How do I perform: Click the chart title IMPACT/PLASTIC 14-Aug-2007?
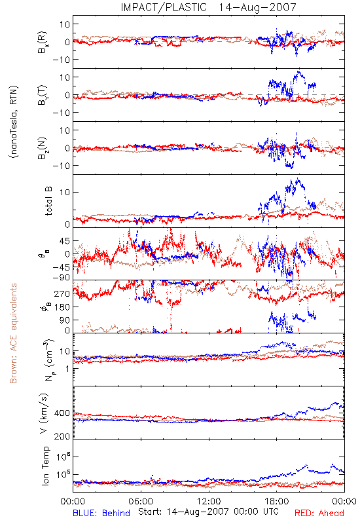(x=209, y=7)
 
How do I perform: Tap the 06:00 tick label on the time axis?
(x=141, y=502)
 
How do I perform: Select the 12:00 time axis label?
(x=209, y=502)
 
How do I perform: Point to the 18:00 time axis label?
(x=277, y=502)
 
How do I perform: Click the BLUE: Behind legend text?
(x=101, y=514)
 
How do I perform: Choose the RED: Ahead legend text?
(x=319, y=514)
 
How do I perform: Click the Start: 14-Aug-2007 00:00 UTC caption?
(x=208, y=512)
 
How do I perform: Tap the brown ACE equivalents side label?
(x=13, y=333)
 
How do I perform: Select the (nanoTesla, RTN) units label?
(x=14, y=121)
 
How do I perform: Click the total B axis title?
(x=48, y=201)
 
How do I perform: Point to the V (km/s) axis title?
(x=44, y=413)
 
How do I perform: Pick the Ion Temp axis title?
(x=45, y=466)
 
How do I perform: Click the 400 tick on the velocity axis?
(x=62, y=413)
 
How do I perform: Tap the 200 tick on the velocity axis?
(x=62, y=436)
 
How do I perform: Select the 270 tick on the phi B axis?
(x=62, y=293)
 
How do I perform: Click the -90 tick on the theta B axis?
(x=61, y=278)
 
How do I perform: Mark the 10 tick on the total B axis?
(x=65, y=193)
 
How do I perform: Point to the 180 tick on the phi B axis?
(x=62, y=307)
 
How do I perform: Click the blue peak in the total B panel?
(x=298, y=179)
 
